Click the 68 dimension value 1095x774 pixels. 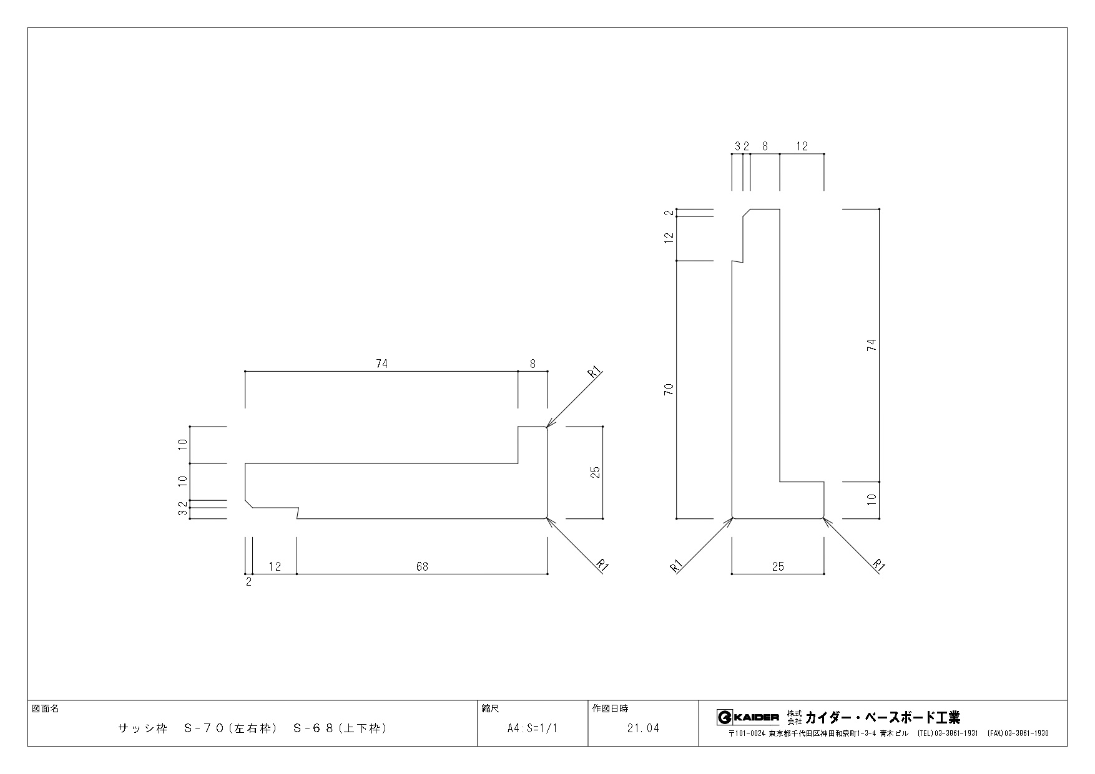423,566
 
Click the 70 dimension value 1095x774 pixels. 669,390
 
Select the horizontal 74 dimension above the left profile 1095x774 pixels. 381,364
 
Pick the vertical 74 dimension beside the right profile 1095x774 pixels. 872,345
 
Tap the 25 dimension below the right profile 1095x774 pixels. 778,566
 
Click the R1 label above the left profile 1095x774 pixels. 595,373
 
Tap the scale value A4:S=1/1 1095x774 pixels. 533,728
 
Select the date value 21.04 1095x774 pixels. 643,728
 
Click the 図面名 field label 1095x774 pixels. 45,709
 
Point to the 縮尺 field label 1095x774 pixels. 491,709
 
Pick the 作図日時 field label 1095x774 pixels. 610,709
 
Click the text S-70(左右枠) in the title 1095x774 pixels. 230,728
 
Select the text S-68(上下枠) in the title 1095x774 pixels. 340,728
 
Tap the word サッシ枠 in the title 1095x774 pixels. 143,728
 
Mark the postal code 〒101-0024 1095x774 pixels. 747,733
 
